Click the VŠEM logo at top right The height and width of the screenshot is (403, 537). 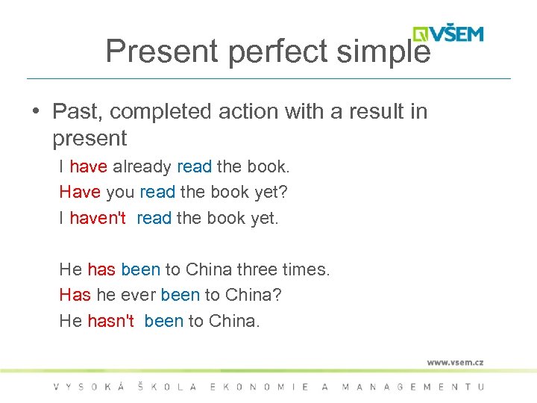(x=449, y=34)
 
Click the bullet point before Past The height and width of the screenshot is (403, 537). (x=36, y=112)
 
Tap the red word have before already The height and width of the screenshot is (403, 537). (x=88, y=166)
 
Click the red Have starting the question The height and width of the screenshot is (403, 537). (x=79, y=192)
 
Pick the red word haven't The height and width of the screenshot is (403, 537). (x=98, y=218)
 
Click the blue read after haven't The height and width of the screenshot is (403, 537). (x=154, y=218)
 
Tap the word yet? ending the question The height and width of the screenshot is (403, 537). (x=271, y=192)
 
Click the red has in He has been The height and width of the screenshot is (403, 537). (x=101, y=269)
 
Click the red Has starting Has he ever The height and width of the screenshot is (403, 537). (x=75, y=295)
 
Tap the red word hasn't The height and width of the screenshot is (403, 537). (x=110, y=321)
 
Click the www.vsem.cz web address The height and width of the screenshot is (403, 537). (x=455, y=362)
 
